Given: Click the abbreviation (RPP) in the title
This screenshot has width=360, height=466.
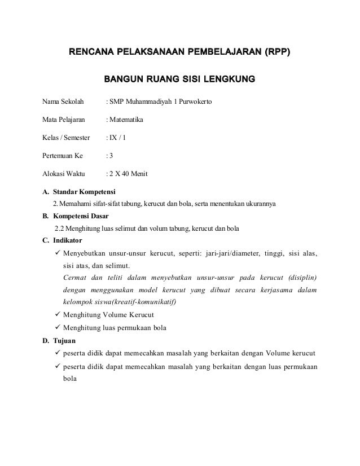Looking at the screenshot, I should pos(277,54).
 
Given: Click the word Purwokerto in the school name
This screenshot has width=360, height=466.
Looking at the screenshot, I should pos(193,102).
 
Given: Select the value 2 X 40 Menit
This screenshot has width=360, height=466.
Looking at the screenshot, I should pos(128,173).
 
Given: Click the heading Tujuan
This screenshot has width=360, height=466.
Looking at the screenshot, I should pos(64,341).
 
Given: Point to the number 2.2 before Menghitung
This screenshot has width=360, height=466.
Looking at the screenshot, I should pos(59,228).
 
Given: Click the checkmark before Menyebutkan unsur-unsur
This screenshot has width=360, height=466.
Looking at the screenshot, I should pos(55,252).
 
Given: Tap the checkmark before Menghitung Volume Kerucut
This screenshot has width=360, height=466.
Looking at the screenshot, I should pos(55,315).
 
